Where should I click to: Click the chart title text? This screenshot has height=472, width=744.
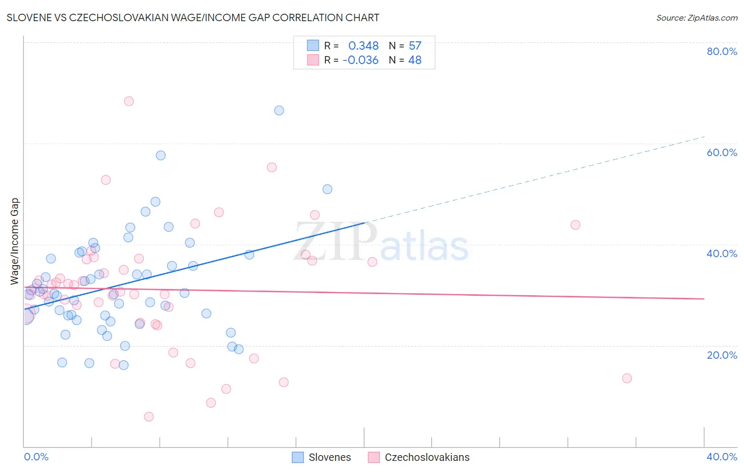(x=193, y=17)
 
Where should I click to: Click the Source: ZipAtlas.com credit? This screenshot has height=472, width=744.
(x=696, y=18)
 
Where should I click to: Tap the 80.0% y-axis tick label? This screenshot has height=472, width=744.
(x=722, y=51)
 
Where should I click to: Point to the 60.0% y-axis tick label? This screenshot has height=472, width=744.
(x=722, y=152)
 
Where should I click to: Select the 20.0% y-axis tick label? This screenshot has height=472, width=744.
(x=722, y=355)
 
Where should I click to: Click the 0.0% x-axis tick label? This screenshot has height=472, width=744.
(x=37, y=457)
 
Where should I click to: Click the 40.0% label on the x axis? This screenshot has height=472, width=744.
(x=722, y=457)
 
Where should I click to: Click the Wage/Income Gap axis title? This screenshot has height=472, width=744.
(x=15, y=241)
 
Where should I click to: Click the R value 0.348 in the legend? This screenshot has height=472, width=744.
(x=363, y=46)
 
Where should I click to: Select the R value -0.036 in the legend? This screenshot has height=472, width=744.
(x=360, y=60)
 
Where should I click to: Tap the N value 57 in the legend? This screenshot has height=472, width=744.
(x=415, y=46)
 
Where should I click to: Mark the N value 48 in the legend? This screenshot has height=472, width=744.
(x=415, y=60)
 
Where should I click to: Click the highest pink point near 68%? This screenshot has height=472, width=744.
(x=129, y=101)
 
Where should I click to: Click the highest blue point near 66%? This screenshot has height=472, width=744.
(x=279, y=111)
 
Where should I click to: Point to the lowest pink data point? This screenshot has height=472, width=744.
(x=149, y=417)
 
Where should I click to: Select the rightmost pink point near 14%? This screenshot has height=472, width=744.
(x=627, y=378)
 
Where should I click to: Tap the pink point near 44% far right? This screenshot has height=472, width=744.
(x=575, y=225)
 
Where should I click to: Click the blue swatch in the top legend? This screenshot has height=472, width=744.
(x=313, y=46)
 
